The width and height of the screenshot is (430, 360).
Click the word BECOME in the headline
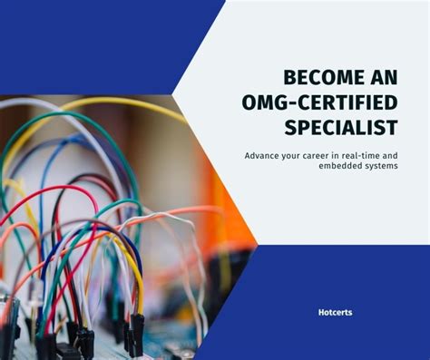(x=321, y=77)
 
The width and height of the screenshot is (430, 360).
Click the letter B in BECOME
(x=288, y=77)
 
